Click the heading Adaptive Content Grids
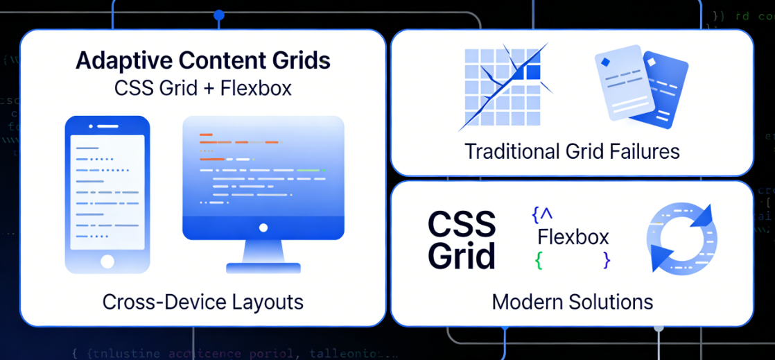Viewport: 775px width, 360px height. pyautogui.click(x=202, y=60)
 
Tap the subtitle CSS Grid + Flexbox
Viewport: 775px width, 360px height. pyautogui.click(x=202, y=88)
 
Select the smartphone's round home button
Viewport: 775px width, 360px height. pyautogui.click(x=107, y=261)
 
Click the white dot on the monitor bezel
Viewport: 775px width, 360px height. pyautogui.click(x=263, y=227)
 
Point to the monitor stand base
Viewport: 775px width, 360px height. pyautogui.click(x=263, y=266)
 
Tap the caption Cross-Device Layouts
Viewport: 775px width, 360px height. pyautogui.click(x=202, y=302)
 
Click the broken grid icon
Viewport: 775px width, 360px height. pyautogui.click(x=503, y=86)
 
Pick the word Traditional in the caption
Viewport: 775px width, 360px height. pyautogui.click(x=514, y=151)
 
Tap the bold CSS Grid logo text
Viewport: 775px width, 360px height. pyautogui.click(x=462, y=240)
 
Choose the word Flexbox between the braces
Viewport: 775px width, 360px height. pyautogui.click(x=573, y=237)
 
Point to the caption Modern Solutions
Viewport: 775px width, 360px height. pyautogui.click(x=572, y=302)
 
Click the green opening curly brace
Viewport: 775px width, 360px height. pyautogui.click(x=538, y=260)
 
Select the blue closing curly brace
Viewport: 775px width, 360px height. pyautogui.click(x=607, y=260)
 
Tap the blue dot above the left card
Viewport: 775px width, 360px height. pyautogui.click(x=219, y=15)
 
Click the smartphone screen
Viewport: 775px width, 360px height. pyautogui.click(x=107, y=191)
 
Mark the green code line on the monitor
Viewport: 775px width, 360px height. pyautogui.click(x=308, y=170)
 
